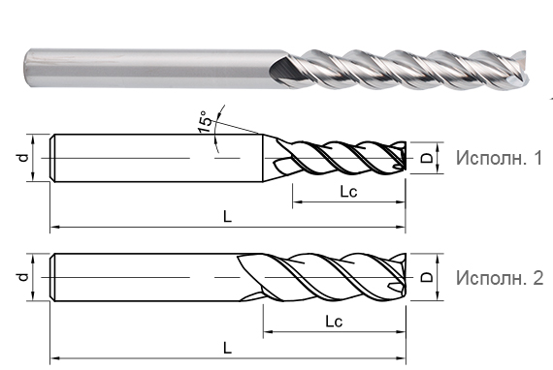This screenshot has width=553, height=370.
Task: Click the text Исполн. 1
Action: point(499,158)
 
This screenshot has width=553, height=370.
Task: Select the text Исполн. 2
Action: point(499,278)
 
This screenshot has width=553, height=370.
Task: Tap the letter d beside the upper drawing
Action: point(21,156)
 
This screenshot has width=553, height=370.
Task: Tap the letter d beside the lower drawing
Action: point(21,277)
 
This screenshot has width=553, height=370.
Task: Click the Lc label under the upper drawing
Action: point(348,192)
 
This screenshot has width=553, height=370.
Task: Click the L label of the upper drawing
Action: point(226,218)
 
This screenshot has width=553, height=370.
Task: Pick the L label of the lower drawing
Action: point(226,346)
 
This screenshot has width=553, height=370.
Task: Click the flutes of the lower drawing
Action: point(330,278)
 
